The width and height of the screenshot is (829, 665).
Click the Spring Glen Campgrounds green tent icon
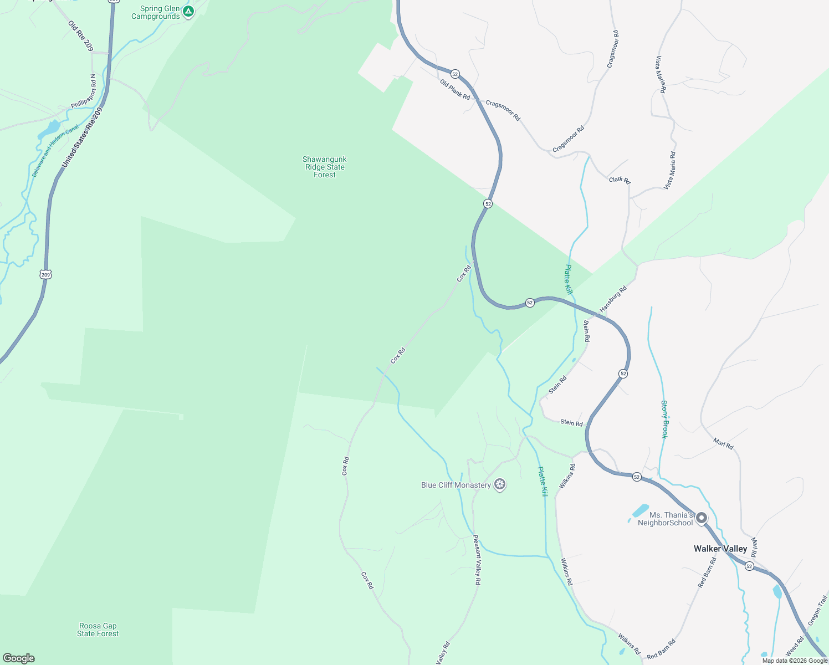click(188, 11)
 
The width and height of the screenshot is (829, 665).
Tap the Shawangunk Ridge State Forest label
click(325, 167)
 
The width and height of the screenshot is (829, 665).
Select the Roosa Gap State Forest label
click(98, 630)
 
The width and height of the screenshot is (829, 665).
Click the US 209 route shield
click(45, 274)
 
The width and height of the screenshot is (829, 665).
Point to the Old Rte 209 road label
click(81, 36)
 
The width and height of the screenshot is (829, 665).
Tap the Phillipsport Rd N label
click(91, 91)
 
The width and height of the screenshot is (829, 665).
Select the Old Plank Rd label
click(455, 90)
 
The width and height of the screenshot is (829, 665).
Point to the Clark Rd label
click(620, 180)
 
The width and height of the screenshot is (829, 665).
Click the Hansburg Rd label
click(613, 299)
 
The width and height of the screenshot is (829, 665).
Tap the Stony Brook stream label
click(664, 420)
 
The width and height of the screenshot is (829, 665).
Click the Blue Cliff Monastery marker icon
click(500, 485)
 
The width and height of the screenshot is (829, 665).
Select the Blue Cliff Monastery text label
click(456, 485)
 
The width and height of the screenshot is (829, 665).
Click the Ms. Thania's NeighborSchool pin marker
click(702, 518)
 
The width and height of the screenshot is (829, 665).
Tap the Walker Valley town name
click(720, 549)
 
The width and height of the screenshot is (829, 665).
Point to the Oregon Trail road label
click(817, 610)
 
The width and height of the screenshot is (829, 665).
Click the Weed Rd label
click(795, 646)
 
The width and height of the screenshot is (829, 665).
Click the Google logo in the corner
click(19, 658)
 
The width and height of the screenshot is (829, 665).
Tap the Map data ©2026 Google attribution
click(795, 661)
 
